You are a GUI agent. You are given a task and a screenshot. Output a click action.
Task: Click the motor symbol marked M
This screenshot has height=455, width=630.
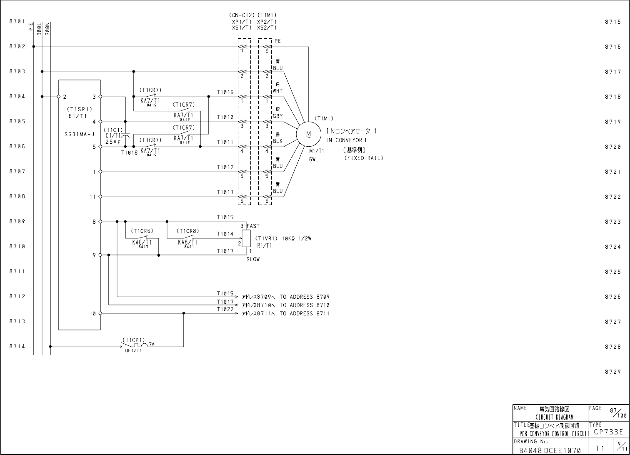(308, 134)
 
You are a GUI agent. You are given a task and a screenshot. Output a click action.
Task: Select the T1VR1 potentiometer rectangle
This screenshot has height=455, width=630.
(246, 238)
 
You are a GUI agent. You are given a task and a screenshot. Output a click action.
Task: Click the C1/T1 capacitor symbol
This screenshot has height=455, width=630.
(125, 135)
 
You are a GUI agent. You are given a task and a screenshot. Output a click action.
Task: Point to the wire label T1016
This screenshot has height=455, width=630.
(225, 92)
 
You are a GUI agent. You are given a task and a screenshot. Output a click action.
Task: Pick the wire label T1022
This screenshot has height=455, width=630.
(225, 310)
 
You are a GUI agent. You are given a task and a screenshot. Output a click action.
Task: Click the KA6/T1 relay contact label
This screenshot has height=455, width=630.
(142, 242)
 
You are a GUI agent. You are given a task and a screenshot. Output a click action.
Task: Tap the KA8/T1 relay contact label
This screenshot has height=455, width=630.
(187, 242)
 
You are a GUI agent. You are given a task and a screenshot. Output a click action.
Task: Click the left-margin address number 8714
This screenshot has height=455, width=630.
(17, 346)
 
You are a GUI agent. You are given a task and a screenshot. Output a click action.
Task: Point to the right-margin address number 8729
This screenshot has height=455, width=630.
(613, 372)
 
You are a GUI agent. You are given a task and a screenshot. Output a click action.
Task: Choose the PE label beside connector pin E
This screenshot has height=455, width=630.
(277, 41)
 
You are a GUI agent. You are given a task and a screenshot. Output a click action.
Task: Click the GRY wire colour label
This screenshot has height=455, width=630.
(277, 116)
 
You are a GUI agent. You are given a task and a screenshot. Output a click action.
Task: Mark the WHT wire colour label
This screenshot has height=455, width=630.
(277, 91)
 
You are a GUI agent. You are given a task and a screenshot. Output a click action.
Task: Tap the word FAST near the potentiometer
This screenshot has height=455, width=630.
(253, 226)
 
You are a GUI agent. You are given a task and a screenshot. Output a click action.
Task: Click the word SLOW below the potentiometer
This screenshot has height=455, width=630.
(253, 259)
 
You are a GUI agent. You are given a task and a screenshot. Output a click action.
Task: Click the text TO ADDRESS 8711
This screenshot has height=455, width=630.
(304, 313)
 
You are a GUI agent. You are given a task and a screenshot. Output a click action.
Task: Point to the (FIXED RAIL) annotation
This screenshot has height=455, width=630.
(363, 158)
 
